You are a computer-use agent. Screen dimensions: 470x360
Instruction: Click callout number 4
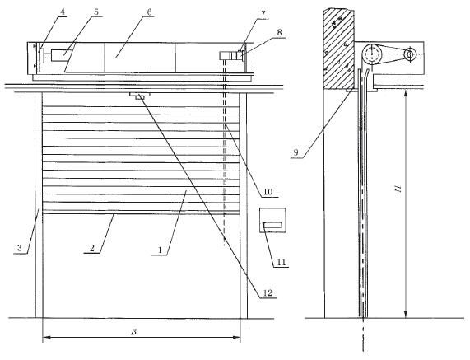pyautogui.click(x=63, y=12)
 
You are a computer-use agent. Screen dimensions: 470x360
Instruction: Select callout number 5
pyautogui.click(x=96, y=12)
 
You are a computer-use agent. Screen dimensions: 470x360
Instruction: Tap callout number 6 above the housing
pyautogui.click(x=149, y=12)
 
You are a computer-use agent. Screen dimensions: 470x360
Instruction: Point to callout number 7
pyautogui.click(x=263, y=14)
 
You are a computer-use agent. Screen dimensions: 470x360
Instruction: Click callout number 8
pyautogui.click(x=279, y=32)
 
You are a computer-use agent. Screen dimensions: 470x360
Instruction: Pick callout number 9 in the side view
pyautogui.click(x=295, y=152)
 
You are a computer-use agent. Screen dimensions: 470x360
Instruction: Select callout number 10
pyautogui.click(x=268, y=192)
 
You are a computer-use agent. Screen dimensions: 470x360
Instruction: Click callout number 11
pyautogui.click(x=281, y=262)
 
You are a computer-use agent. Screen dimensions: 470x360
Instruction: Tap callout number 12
pyautogui.click(x=268, y=292)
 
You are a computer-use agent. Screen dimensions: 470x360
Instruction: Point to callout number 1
pyautogui.click(x=160, y=250)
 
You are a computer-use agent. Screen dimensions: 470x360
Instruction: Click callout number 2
pyautogui.click(x=91, y=248)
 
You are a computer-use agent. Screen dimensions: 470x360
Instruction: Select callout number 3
pyautogui.click(x=20, y=248)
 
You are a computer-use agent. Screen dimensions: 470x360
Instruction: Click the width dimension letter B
pyautogui.click(x=133, y=332)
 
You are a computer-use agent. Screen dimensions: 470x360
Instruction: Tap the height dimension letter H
pyautogui.click(x=398, y=189)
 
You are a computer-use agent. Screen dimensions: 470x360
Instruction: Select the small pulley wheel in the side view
pyautogui.click(x=410, y=54)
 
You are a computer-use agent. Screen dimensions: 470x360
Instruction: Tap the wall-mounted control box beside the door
pyautogui.click(x=272, y=220)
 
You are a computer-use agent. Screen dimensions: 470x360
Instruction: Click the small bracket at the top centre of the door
pyautogui.click(x=140, y=96)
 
